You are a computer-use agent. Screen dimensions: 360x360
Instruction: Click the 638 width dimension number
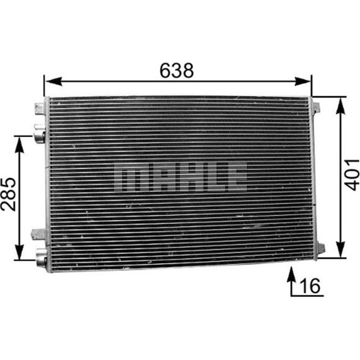[176, 70]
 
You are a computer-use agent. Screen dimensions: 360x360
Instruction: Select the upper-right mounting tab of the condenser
[316, 108]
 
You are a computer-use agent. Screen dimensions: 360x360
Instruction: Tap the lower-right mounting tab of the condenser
[320, 248]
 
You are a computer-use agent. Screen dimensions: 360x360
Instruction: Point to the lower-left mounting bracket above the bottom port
[39, 234]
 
